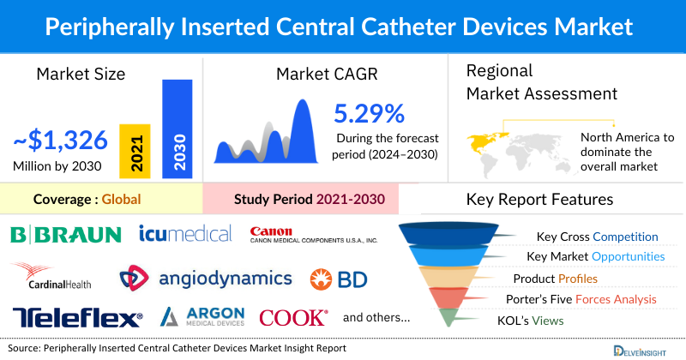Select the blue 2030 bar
(178, 129)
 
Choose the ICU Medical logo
(185, 233)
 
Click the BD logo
(340, 279)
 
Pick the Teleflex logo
(77, 317)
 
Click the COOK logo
(293, 317)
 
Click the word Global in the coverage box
(121, 200)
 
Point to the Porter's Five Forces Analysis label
(585, 300)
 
